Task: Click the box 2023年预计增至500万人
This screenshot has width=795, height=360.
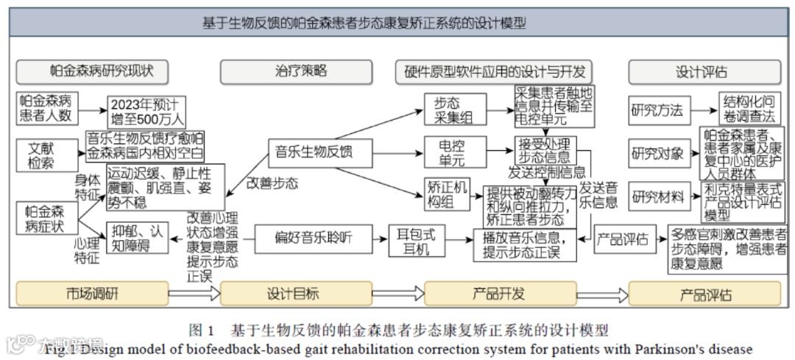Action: pyautogui.click(x=147, y=111)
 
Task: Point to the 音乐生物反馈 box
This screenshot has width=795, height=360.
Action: pyautogui.click(x=314, y=152)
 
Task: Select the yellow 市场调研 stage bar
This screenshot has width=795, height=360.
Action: pyautogui.click(x=91, y=294)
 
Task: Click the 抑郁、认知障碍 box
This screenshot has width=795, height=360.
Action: pyautogui.click(x=138, y=237)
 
